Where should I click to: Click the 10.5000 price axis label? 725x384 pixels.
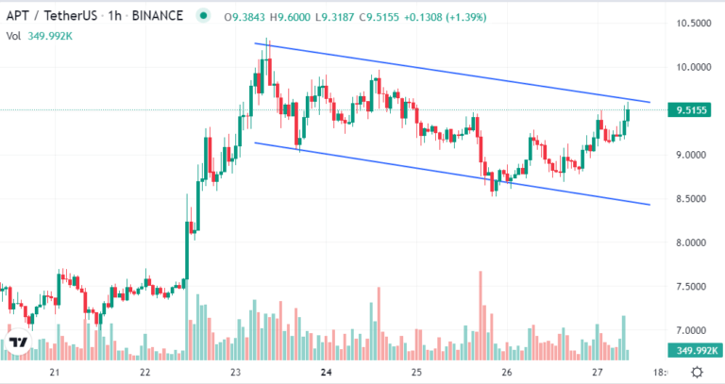click(693, 24)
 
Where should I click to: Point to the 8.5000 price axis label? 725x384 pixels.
click(693, 199)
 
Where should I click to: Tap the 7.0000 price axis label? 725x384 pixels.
click(693, 330)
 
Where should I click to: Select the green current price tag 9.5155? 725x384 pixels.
click(689, 110)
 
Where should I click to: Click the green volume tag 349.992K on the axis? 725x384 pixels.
click(694, 351)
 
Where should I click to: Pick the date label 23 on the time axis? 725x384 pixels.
click(236, 373)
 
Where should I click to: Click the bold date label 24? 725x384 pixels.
click(327, 373)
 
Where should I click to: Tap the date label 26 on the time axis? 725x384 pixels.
click(507, 373)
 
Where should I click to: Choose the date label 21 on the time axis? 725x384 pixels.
click(55, 373)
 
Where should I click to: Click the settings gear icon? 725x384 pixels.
click(698, 372)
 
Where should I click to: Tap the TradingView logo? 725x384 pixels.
click(18, 342)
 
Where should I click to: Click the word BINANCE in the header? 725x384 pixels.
click(158, 16)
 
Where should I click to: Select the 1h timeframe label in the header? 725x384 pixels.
click(114, 16)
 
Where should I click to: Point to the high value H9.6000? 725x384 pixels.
click(290, 18)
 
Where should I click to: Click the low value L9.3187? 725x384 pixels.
click(335, 18)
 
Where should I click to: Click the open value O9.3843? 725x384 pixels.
click(244, 18)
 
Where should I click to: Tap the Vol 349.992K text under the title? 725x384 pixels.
click(40, 36)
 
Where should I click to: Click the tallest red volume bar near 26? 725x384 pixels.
click(481, 315)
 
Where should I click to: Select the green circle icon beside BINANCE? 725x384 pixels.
click(203, 16)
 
